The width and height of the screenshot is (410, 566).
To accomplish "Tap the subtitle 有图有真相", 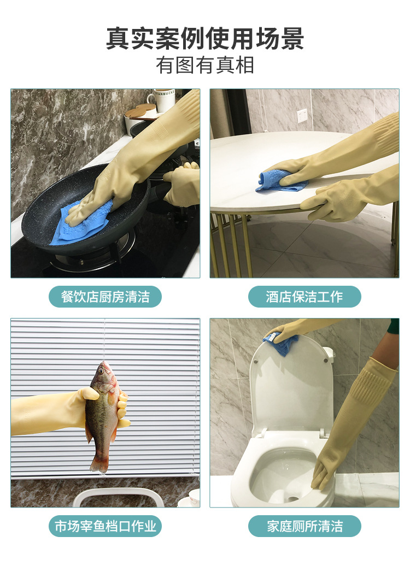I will (205, 66).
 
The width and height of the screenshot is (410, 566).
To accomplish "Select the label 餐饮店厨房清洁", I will (106, 297).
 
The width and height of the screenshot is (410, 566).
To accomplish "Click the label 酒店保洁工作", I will (304, 297).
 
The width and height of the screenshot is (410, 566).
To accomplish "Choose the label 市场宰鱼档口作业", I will (106, 526).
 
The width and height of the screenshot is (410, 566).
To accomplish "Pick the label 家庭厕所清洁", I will (304, 526).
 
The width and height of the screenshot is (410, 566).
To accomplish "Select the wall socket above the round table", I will (302, 115).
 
